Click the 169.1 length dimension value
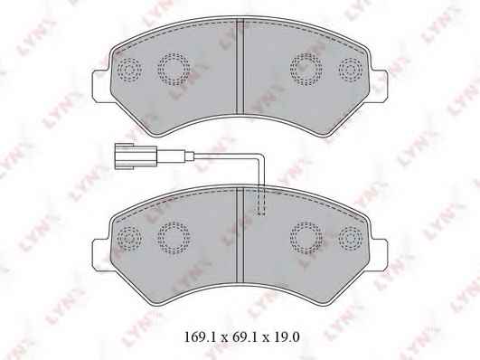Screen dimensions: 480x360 198,337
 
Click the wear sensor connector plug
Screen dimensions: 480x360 136,156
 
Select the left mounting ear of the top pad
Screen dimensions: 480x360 101,86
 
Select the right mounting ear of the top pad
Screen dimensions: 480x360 379,86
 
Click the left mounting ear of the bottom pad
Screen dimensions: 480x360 101,255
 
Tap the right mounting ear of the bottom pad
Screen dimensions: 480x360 379,255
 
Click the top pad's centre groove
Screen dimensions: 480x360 240,67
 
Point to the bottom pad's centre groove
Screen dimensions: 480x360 240,235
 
